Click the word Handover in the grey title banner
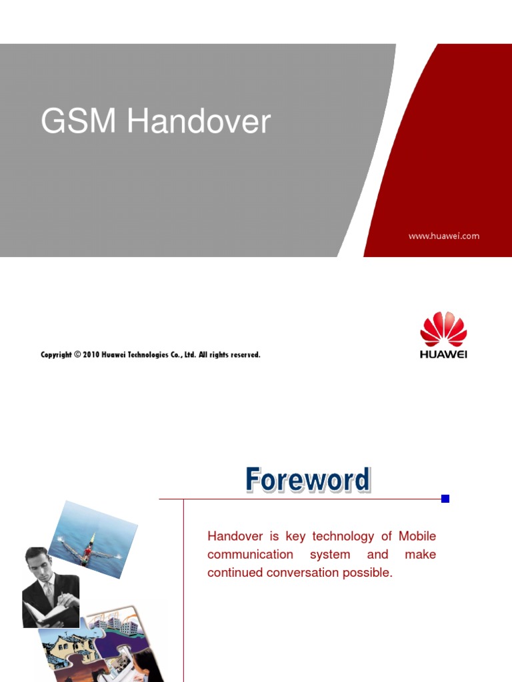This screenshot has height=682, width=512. [x=199, y=123]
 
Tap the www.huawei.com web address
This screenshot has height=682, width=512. [x=443, y=236]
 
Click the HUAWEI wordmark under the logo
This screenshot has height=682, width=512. [x=443, y=354]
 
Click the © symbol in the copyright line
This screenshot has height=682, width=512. [x=77, y=355]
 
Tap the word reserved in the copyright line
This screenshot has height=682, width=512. [x=245, y=355]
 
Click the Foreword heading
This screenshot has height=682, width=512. [x=308, y=480]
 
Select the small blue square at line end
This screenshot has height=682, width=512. [x=445, y=498]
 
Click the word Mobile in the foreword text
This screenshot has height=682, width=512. [x=417, y=536]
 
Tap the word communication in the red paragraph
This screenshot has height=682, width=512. [x=250, y=554]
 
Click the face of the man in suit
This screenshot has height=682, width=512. [x=39, y=565]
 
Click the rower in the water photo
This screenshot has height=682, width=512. [x=87, y=549]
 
